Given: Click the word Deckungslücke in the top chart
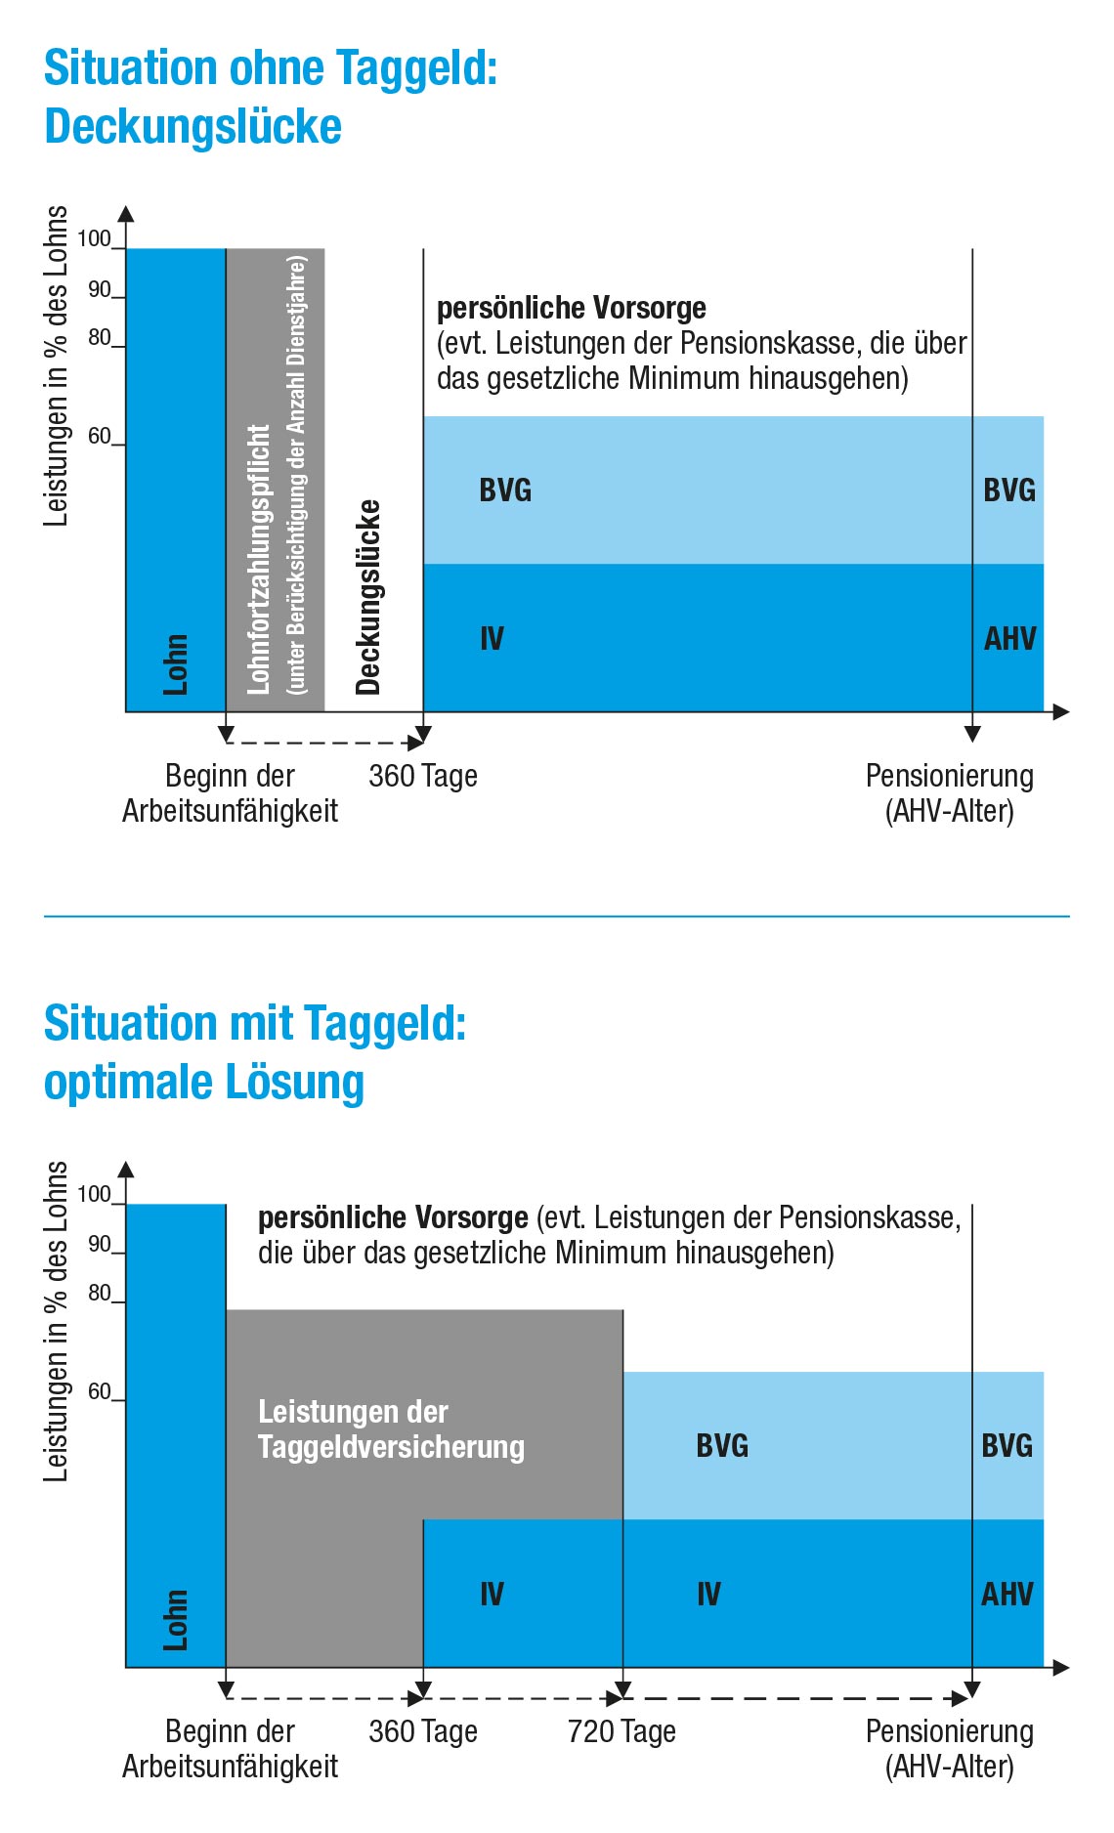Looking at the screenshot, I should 368,597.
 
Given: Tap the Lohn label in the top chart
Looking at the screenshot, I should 176,664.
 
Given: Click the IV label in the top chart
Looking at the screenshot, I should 492,639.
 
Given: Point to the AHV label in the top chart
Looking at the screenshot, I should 1009,639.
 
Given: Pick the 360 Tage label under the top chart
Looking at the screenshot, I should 423,776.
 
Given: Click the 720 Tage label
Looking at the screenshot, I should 621,1731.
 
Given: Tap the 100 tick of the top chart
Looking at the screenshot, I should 95,239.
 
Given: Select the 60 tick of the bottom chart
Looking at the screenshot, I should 100,1391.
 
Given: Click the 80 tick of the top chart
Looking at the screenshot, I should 100,338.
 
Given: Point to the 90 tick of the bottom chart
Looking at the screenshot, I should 100,1245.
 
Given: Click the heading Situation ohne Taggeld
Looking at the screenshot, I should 271,68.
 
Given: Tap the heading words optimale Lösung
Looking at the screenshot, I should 204,1083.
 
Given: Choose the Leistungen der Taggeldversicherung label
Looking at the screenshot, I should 391,1429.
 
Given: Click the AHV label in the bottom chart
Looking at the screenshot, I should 1007,1595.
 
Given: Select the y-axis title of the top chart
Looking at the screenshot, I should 57,366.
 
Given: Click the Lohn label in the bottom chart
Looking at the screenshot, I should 176,1620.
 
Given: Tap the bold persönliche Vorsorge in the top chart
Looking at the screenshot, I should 572,309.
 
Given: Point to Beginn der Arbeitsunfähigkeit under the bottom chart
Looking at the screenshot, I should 230,1748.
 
